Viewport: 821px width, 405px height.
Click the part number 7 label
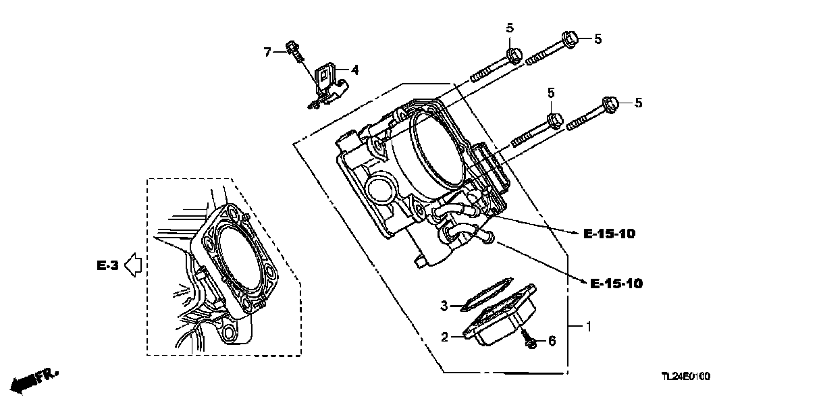click(267, 52)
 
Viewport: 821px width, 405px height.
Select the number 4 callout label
click(355, 69)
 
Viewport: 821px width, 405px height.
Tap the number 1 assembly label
click(588, 327)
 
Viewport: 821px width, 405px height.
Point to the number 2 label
click(445, 335)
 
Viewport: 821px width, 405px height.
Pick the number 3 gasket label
click(444, 306)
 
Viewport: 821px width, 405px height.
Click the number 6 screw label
click(551, 342)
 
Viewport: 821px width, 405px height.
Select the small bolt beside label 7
click(294, 49)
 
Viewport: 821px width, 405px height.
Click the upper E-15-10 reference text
click(608, 234)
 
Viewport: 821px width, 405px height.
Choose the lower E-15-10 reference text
click(616, 283)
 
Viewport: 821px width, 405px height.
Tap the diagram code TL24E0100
click(685, 377)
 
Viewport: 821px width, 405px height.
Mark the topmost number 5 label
click(510, 28)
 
